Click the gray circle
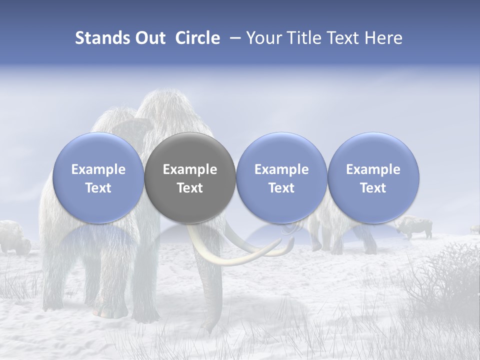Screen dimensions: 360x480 click(189, 177)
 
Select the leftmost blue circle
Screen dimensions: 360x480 click(98, 177)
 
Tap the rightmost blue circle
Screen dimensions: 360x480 click(373, 177)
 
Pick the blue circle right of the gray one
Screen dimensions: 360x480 click(281, 177)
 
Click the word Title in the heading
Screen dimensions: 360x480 click(303, 38)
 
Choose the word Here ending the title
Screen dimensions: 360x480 click(383, 38)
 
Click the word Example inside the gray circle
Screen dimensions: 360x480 click(189, 169)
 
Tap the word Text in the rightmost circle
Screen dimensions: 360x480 click(373, 187)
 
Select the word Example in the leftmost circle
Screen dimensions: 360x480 click(98, 169)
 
